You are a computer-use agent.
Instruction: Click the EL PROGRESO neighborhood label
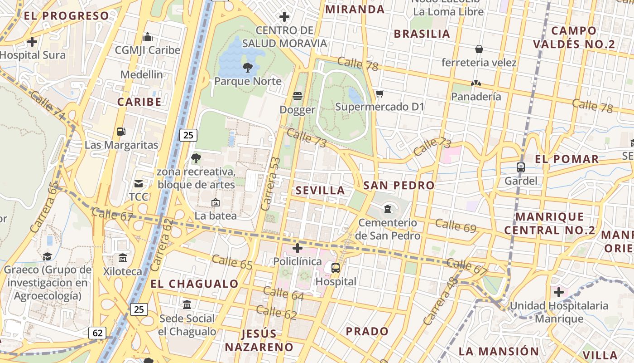[x=67, y=16]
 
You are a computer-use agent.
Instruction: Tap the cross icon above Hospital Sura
[x=32, y=42]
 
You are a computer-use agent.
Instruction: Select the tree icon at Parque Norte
[x=247, y=68]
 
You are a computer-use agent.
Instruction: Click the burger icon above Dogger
[x=298, y=96]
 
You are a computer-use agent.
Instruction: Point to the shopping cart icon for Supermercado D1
[x=379, y=94]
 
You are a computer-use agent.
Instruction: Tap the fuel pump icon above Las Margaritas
[x=121, y=132]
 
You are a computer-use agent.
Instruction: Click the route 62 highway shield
[x=97, y=333]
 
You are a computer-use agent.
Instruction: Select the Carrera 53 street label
[x=271, y=184]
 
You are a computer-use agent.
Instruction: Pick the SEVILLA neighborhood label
[x=320, y=191]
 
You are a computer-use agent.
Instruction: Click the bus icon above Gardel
[x=521, y=167]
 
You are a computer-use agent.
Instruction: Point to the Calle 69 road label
[x=456, y=226]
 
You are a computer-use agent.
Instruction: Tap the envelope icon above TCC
[x=138, y=184]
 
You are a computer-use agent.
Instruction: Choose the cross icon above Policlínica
[x=298, y=248]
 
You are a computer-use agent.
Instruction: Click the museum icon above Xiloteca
[x=122, y=258]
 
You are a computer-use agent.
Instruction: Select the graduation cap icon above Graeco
[x=47, y=257]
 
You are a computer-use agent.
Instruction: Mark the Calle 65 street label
[x=232, y=262]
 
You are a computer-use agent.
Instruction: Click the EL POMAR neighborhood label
[x=567, y=159]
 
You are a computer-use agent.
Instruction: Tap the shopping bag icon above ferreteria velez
[x=479, y=49]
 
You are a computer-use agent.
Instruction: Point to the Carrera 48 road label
[x=437, y=301]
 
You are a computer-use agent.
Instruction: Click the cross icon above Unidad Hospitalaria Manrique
[x=559, y=292]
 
